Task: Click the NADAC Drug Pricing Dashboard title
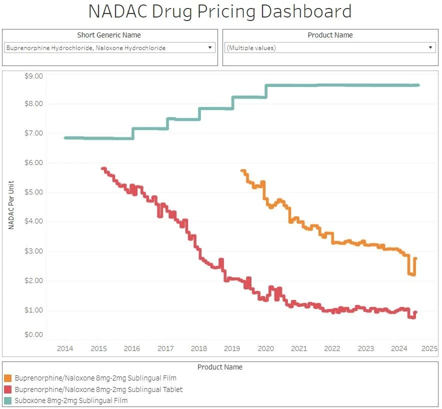coord(220,11)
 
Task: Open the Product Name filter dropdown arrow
coord(430,48)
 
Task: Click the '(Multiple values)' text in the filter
coord(251,48)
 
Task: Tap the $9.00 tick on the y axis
coord(34,76)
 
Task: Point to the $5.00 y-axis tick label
coord(34,192)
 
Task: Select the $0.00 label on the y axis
coord(34,334)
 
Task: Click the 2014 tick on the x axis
coord(65,348)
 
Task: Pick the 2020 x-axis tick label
coord(265,348)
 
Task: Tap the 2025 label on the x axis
coord(429,348)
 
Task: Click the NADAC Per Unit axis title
coord(11,205)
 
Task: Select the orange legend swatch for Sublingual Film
coord(7,378)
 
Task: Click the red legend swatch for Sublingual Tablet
coord(7,389)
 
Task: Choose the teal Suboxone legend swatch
coord(7,400)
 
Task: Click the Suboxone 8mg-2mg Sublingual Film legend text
coord(71,400)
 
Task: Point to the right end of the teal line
coord(418,85)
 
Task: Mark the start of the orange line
coord(242,171)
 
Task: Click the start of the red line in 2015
coord(102,168)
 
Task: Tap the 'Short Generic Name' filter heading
coord(109,35)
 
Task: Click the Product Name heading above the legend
coord(220,367)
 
